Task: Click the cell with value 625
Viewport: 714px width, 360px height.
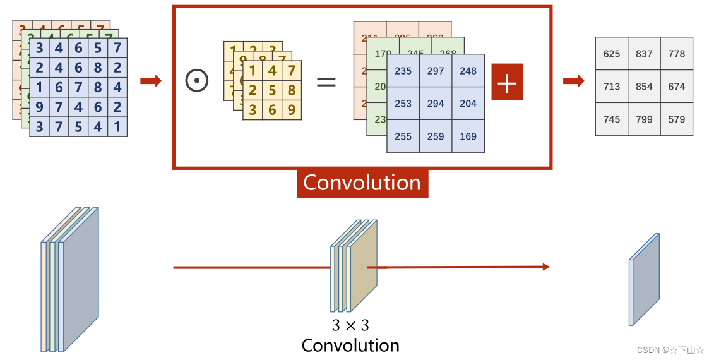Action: [x=611, y=54]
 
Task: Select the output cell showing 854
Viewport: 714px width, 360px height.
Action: [x=644, y=86]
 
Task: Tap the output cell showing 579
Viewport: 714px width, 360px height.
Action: [x=676, y=119]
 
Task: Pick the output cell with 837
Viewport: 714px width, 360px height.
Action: [x=644, y=54]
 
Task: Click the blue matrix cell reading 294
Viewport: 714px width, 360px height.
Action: [x=436, y=104]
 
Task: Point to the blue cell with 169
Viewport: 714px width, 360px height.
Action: [x=468, y=136]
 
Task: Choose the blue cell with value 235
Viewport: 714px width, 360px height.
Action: [x=403, y=71]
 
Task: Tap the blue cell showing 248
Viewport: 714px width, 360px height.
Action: [x=468, y=71]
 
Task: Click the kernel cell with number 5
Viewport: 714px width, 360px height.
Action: [x=272, y=90]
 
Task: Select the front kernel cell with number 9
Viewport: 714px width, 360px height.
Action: [x=291, y=110]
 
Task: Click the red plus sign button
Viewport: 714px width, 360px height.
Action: [x=507, y=81]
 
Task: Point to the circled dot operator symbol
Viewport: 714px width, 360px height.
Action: [x=197, y=81]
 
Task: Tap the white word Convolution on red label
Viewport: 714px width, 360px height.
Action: [x=362, y=183]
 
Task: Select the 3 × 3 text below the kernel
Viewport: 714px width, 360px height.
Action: [x=350, y=326]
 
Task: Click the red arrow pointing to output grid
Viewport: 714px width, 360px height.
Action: [x=573, y=81]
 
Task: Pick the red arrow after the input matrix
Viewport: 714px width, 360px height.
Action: [x=150, y=81]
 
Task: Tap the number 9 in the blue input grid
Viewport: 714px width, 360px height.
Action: [x=40, y=107]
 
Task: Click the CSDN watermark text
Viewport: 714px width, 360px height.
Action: [x=670, y=350]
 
